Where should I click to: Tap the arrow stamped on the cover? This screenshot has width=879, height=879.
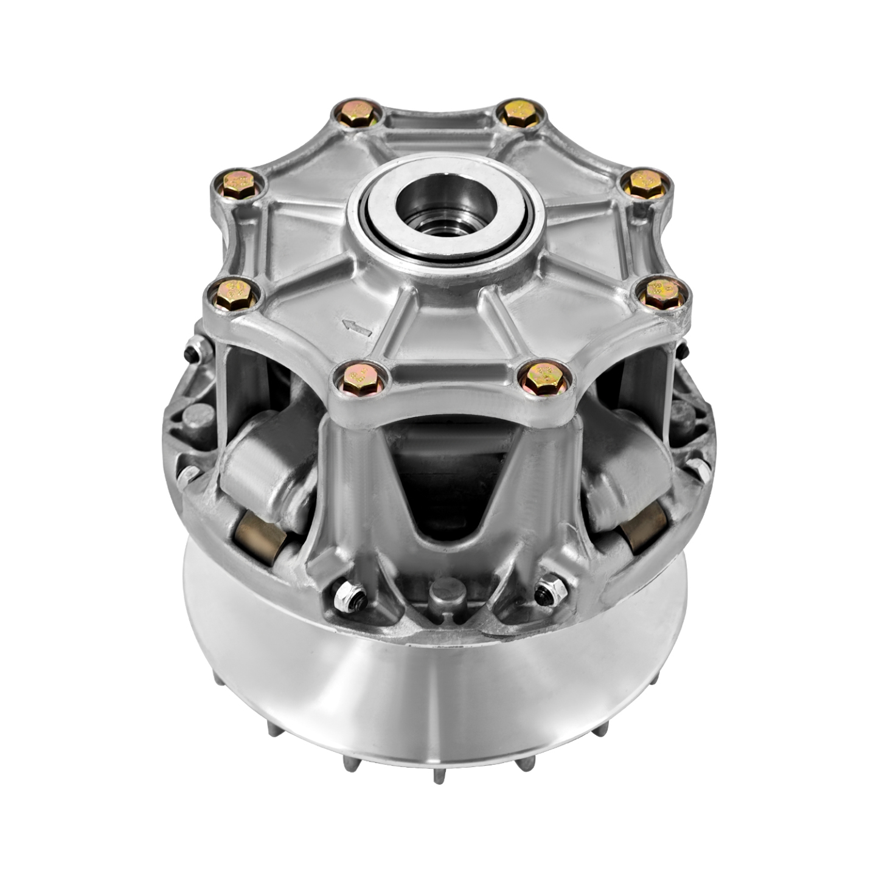[357, 328]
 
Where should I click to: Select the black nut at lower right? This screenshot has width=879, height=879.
[549, 592]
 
